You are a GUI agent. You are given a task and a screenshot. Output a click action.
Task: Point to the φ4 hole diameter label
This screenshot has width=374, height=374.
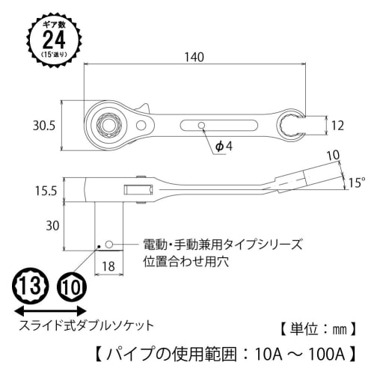tap(225, 146)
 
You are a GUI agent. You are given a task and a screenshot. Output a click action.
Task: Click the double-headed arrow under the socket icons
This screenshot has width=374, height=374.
tap(52, 309)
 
